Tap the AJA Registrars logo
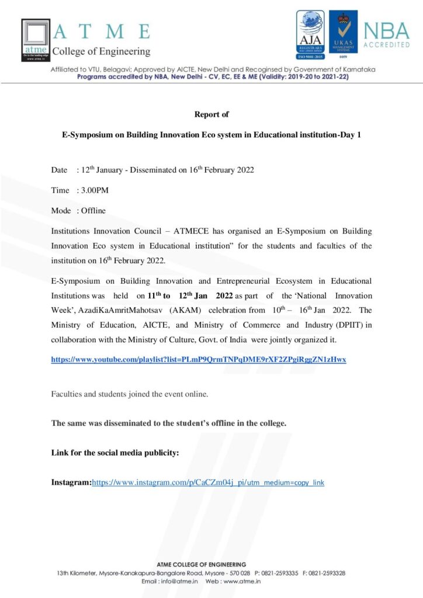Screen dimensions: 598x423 310,36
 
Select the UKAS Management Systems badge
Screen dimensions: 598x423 344,36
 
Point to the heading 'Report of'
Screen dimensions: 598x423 211,114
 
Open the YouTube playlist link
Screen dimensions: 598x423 199,360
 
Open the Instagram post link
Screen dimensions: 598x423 208,482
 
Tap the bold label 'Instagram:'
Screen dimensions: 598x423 71,482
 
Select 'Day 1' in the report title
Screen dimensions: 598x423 350,134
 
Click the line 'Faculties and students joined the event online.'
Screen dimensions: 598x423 130,394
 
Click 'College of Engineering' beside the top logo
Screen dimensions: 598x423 101,51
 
